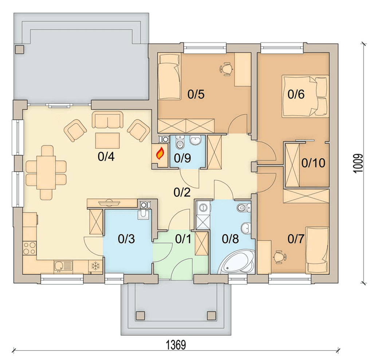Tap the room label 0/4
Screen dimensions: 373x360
[x=106, y=157]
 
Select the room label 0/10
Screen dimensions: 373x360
[x=313, y=163]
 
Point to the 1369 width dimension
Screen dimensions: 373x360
[x=176, y=345]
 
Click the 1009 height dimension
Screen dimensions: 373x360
[x=359, y=163]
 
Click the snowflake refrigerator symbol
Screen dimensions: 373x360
[x=95, y=266]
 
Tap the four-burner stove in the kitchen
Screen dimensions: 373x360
[x=30, y=248]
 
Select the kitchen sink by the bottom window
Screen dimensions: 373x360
[x=63, y=266]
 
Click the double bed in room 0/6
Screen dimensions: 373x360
[x=306, y=96]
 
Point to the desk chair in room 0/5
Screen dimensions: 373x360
[x=225, y=69]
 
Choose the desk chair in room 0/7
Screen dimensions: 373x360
[x=279, y=257]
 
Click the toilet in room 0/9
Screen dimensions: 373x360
[x=180, y=142]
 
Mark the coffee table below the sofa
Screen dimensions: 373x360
[x=107, y=140]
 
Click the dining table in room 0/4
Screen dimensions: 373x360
[x=46, y=173]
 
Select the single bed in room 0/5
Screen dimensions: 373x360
[x=169, y=76]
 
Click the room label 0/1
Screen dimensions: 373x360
[x=183, y=239]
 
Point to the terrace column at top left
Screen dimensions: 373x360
[x=20, y=49]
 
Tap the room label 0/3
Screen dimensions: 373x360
[x=126, y=239]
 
